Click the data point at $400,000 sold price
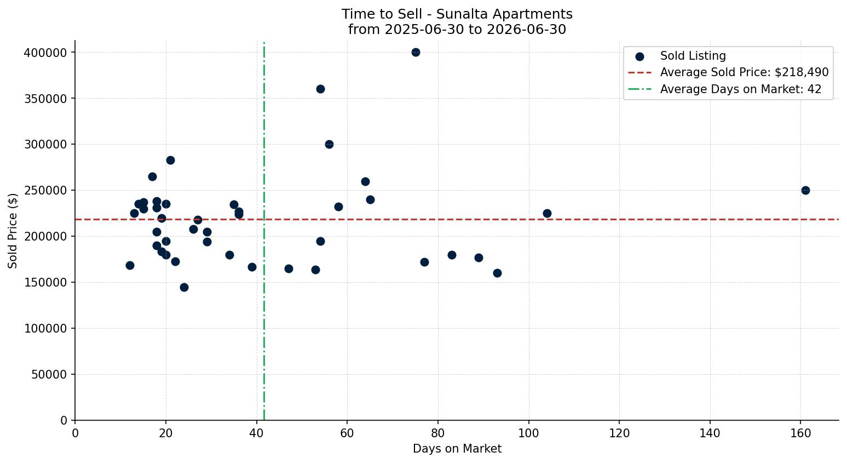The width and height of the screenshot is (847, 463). click(416, 53)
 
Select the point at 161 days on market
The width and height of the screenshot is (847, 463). click(805, 190)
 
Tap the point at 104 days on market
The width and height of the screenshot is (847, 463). click(547, 213)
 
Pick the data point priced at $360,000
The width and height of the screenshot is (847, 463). click(320, 89)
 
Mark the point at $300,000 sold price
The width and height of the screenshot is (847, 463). click(330, 145)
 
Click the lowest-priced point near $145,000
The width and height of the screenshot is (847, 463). click(184, 288)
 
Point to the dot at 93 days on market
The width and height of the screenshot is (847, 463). click(497, 273)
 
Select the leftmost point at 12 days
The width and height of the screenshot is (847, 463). click(130, 266)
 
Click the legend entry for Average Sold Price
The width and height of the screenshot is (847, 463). click(728, 72)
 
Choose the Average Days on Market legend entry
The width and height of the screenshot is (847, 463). click(724, 89)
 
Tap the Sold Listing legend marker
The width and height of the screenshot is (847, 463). click(639, 57)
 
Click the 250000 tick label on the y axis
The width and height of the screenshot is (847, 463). click(45, 190)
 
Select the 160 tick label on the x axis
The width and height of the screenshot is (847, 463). click(800, 433)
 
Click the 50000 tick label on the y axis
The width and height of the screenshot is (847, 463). click(49, 374)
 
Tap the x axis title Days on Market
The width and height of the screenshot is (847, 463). click(457, 449)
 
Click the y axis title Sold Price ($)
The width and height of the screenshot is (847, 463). click(13, 231)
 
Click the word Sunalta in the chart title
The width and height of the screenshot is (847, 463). click(457, 14)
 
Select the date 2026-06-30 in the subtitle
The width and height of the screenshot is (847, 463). click(526, 30)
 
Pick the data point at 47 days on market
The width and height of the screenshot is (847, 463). click(289, 269)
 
